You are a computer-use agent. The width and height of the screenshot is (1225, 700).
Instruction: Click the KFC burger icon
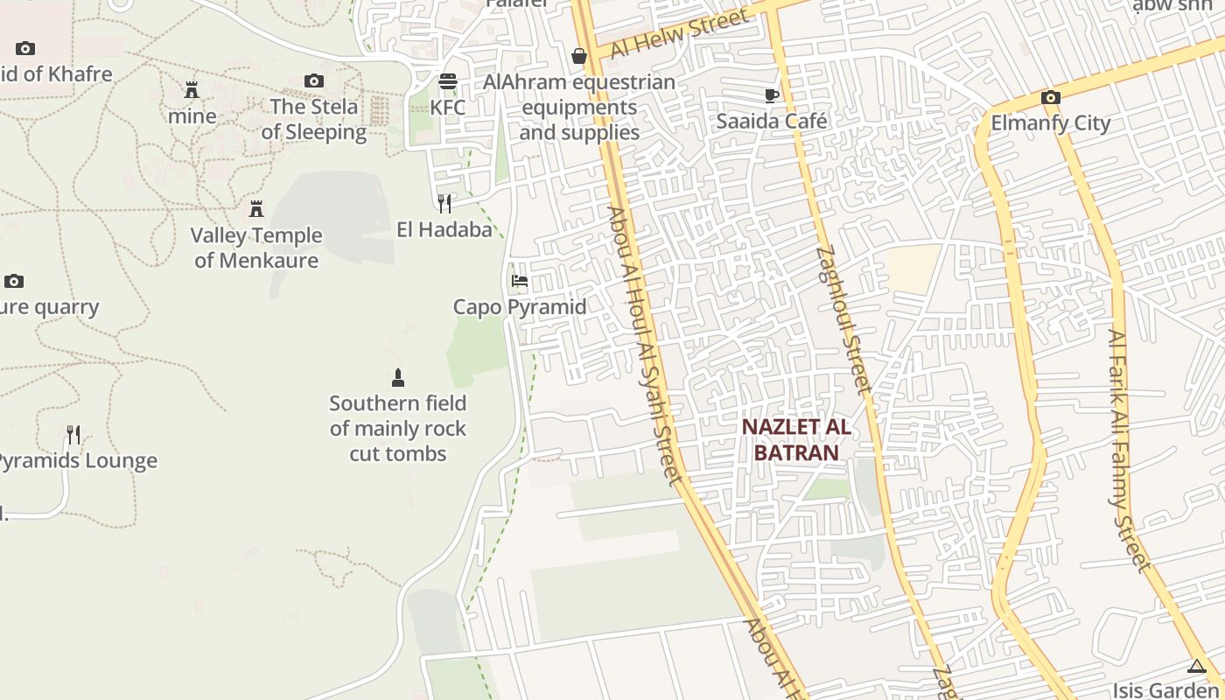448,81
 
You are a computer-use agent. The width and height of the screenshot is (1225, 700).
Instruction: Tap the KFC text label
448,108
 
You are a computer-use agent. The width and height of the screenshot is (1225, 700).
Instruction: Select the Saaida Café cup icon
771,95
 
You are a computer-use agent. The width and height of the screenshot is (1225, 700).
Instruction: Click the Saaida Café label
771,121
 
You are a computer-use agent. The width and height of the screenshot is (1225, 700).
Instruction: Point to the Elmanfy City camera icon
1050,97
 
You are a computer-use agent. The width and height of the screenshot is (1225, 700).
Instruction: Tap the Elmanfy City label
1050,123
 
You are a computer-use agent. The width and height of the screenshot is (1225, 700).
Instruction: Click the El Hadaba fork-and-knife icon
444,204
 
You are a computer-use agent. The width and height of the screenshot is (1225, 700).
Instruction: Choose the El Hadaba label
444,230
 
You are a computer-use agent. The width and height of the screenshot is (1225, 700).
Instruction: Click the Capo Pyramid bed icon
520,281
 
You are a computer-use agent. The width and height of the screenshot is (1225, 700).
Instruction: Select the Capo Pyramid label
520,307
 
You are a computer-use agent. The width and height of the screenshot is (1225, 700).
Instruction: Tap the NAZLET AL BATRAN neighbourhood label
796,439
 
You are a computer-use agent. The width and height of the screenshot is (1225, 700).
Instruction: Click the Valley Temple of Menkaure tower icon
256,209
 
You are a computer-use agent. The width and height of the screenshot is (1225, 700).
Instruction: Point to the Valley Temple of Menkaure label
256,248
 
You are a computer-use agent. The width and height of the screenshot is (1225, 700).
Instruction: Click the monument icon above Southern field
398,378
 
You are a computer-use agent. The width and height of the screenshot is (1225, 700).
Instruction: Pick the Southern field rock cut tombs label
398,429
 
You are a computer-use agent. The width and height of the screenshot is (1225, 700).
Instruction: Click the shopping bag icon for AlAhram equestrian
578,56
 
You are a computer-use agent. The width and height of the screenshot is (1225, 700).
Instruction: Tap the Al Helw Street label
680,33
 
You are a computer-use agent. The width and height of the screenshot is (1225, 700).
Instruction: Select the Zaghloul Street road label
843,318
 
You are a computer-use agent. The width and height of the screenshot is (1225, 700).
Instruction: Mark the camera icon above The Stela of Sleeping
313,81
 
